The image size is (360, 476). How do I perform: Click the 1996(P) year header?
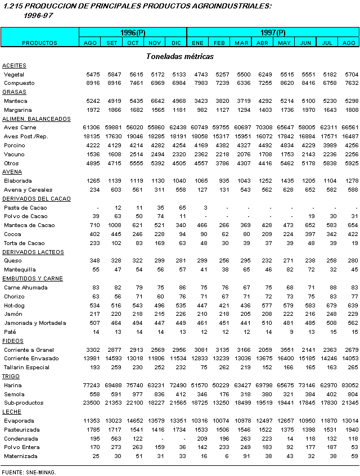[133, 33]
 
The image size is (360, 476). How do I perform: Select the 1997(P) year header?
[273, 33]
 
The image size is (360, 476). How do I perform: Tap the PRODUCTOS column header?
[39, 43]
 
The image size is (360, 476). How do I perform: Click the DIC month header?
[176, 43]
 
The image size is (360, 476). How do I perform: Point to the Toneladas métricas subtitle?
[179, 56]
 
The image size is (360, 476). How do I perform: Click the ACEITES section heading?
[14, 66]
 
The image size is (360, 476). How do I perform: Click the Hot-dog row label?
[14, 305]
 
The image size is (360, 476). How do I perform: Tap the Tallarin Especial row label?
[26, 367]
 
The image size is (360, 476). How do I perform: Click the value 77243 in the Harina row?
[91, 385]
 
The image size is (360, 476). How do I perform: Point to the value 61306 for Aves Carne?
[91, 128]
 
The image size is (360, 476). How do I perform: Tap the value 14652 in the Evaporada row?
[133, 420]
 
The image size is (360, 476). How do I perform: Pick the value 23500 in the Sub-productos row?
[91, 402]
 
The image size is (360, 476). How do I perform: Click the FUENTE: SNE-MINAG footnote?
[29, 472]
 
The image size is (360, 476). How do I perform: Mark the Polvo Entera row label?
[21, 447]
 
